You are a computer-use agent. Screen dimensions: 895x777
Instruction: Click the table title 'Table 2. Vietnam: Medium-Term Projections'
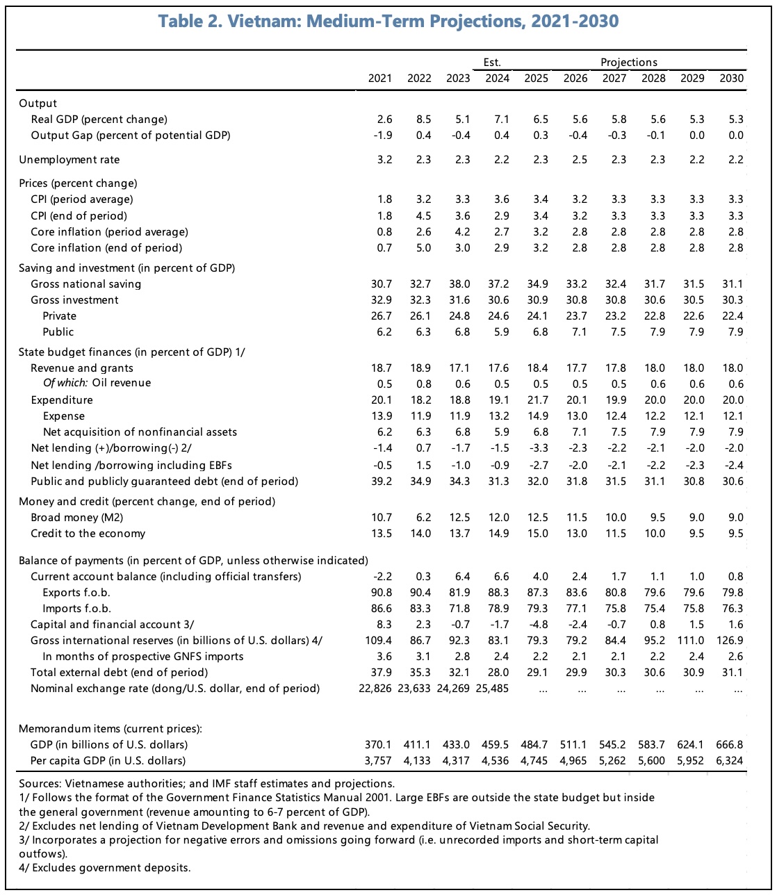388,22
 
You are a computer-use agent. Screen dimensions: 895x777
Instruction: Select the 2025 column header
536,79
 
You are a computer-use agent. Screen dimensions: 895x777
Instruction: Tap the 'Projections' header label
629,63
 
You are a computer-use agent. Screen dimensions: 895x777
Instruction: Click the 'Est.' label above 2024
492,63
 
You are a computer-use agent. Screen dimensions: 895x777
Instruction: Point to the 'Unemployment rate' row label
69,160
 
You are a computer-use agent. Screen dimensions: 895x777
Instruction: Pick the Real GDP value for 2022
423,120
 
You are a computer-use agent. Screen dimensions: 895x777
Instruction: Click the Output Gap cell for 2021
382,136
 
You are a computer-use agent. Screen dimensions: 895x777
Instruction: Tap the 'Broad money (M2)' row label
77,518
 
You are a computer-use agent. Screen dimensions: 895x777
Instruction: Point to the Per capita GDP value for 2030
730,760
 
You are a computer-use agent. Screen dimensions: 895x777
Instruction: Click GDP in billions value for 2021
379,744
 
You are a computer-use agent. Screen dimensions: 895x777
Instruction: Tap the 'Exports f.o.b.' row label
76,593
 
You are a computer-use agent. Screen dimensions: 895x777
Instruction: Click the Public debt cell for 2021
381,481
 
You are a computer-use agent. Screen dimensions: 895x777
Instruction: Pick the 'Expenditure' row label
62,400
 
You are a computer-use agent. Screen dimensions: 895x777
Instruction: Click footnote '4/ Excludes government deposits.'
104,867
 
